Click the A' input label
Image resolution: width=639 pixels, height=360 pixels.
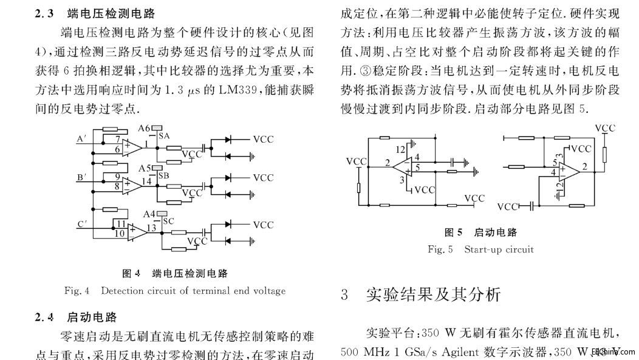click(81, 139)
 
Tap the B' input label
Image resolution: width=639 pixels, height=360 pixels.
click(81, 177)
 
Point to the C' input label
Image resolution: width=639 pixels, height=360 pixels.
click(81, 223)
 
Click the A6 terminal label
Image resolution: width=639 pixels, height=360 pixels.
click(144, 128)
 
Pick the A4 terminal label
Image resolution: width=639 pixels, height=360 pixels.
click(149, 214)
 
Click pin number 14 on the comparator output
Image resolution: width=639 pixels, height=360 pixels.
click(147, 180)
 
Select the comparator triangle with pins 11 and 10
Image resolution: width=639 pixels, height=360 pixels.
click(137, 230)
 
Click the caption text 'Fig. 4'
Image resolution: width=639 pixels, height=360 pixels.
click(77, 291)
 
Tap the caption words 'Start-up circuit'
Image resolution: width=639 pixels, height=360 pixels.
click(499, 249)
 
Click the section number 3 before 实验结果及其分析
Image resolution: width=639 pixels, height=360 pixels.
click(344, 296)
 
